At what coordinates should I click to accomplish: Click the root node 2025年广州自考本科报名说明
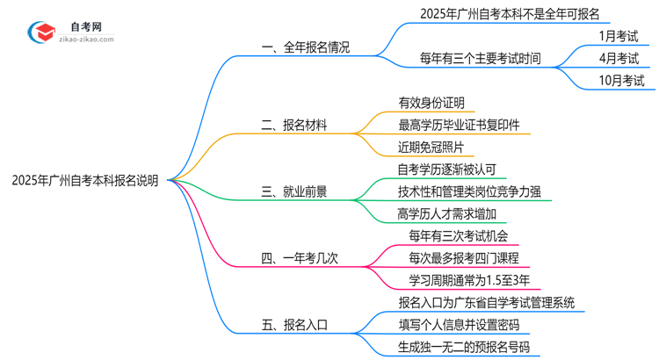pos(85,181)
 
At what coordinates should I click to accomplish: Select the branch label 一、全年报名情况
pos(305,47)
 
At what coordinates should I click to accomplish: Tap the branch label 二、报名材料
pos(294,126)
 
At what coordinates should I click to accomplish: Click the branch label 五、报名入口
pos(294,326)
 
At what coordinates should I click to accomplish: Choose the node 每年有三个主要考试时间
pos(480,59)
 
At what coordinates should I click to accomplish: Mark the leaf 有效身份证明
pos(431,103)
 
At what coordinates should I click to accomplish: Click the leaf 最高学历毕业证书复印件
pos(459,126)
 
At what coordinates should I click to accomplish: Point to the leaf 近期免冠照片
pos(431,148)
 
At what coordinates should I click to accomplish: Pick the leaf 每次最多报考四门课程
pos(464,257)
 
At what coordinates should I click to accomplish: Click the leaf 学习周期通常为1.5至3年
pos(469,280)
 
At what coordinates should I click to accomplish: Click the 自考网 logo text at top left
pos(92,25)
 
